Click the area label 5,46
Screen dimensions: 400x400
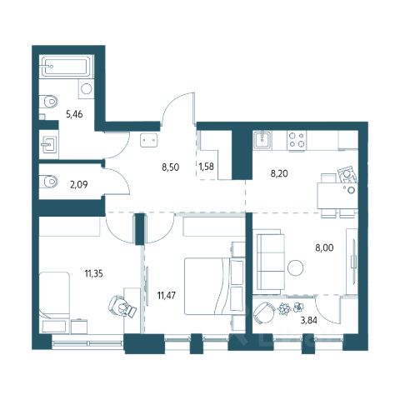point(74,114)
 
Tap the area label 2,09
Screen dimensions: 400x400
point(79,184)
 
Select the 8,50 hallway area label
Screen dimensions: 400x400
point(171,167)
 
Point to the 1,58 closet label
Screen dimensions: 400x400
point(206,167)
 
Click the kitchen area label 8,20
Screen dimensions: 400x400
point(279,173)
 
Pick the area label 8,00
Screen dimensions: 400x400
point(324,247)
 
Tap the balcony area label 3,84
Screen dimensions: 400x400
point(309,321)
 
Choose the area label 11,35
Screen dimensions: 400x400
point(94,274)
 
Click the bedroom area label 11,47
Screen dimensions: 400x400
point(167,295)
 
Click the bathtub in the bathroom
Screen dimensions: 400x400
point(66,67)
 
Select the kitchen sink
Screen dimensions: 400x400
point(262,140)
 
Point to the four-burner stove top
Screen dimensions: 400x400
point(297,139)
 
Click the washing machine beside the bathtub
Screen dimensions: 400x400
point(86,88)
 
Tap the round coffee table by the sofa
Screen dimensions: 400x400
point(295,267)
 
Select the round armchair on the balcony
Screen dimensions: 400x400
point(264,312)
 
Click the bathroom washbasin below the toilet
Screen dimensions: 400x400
point(49,144)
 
